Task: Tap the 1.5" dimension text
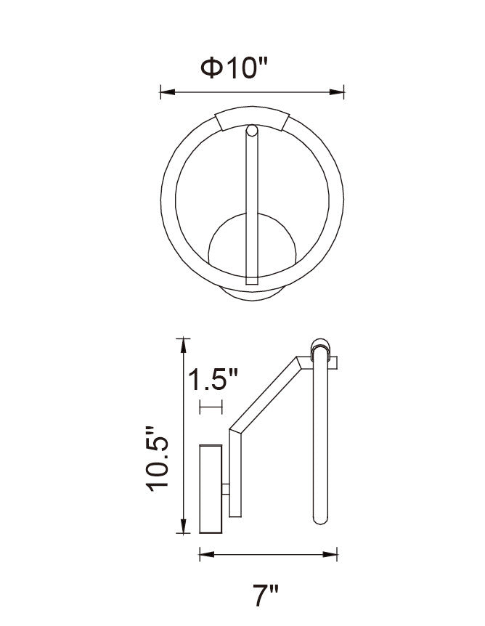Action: coord(213,379)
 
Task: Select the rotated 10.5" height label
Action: coord(159,458)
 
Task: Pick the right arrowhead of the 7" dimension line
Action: coord(338,556)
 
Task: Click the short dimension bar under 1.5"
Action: coord(211,407)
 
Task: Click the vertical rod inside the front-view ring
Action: coord(252,211)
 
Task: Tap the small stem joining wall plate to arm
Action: coord(226,489)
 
